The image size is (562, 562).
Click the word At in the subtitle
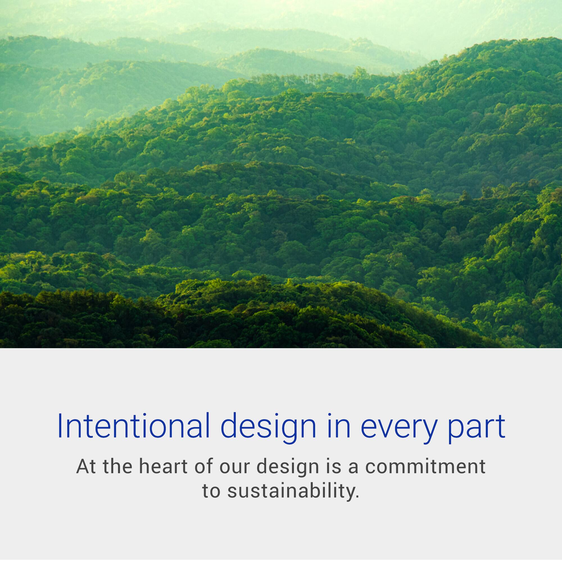point(86,467)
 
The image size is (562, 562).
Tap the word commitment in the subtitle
point(425,467)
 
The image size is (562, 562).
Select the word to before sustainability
point(211,491)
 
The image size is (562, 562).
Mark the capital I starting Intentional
point(60,426)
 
